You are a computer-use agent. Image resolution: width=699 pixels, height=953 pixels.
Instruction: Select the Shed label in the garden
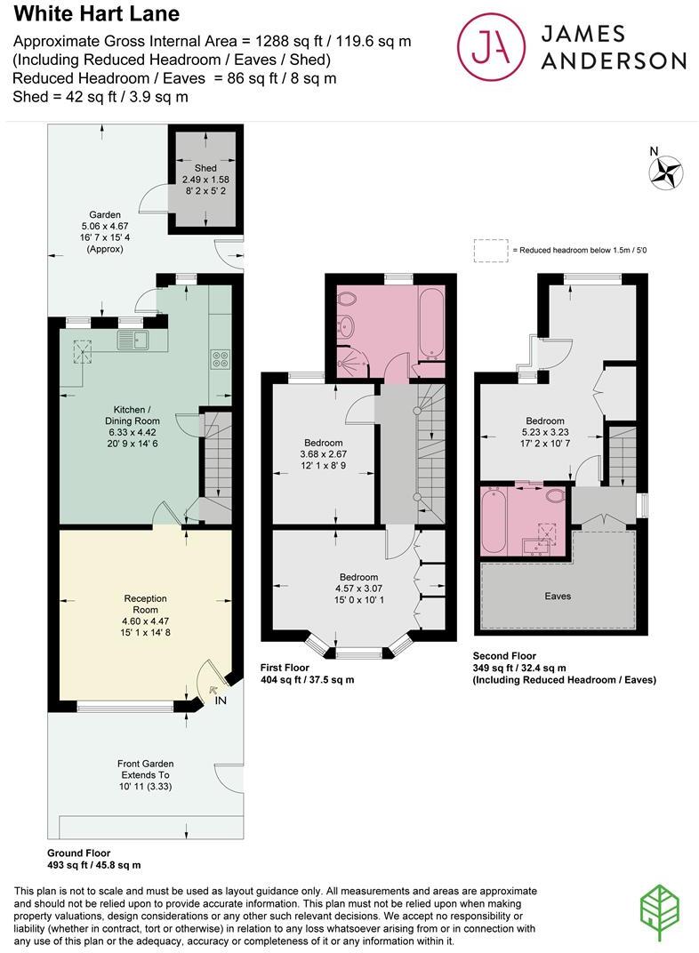[205, 168]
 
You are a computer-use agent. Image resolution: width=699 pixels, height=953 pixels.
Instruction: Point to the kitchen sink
[135, 338]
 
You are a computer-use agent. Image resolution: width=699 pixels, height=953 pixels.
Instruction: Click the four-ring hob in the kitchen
[220, 359]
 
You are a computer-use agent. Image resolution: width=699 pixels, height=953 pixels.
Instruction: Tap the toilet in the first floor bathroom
[348, 299]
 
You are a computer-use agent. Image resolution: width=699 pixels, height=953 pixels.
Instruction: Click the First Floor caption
[285, 667]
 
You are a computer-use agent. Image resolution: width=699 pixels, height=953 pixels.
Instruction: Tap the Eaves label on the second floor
[558, 596]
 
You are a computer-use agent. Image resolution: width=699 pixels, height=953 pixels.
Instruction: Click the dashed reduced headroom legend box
[489, 251]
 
